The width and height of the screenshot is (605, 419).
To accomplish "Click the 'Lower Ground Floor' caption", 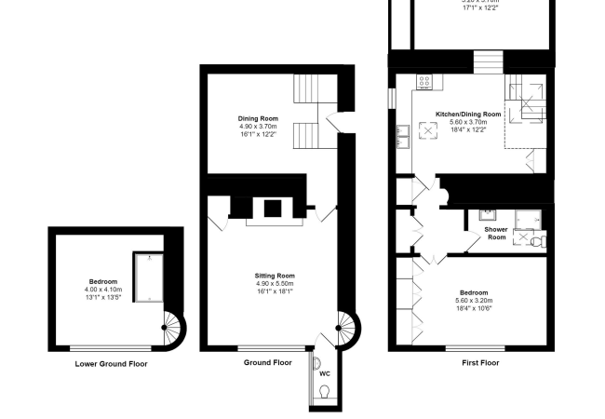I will pyautogui.click(x=111, y=364).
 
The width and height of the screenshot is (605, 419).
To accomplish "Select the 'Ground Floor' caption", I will pyautogui.click(x=269, y=362).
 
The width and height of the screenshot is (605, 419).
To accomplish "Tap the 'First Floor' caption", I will pyautogui.click(x=480, y=362).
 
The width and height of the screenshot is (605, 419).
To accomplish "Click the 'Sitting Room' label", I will pyautogui.click(x=275, y=276).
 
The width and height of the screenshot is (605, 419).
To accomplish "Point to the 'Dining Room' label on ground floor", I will pyautogui.click(x=260, y=118).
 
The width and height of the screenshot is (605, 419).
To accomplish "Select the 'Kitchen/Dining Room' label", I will pyautogui.click(x=468, y=115).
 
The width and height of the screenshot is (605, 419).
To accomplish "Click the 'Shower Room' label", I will pyautogui.click(x=496, y=233).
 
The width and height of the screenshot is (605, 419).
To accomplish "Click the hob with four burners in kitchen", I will pyautogui.click(x=424, y=82).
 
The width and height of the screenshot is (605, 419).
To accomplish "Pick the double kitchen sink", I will pyautogui.click(x=404, y=136).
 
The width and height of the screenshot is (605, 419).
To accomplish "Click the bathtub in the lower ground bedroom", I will pyautogui.click(x=146, y=276).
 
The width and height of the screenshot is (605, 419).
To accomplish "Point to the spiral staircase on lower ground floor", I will pyautogui.click(x=173, y=325).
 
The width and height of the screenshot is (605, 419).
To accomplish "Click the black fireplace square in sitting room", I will pyautogui.click(x=273, y=209).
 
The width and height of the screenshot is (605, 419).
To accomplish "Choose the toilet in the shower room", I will pyautogui.click(x=539, y=240).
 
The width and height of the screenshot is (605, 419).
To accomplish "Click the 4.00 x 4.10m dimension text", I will pyautogui.click(x=103, y=290).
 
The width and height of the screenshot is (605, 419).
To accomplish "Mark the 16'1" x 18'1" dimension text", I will pyautogui.click(x=275, y=291).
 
